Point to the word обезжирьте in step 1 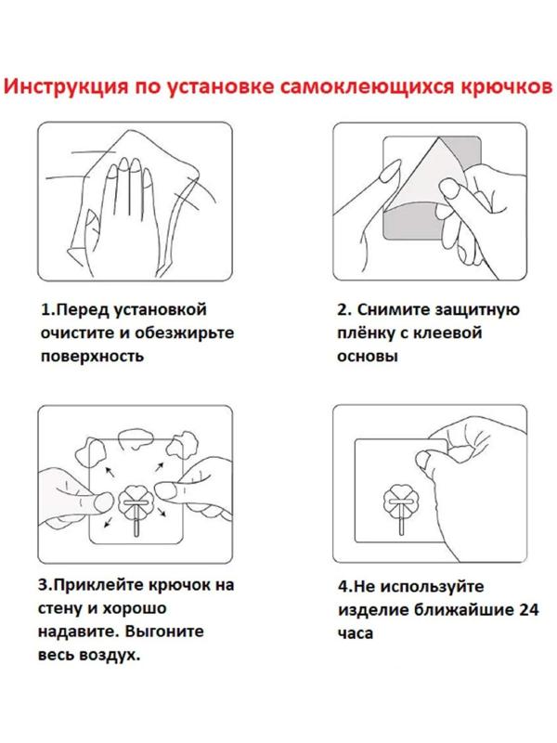click(x=184, y=332)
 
